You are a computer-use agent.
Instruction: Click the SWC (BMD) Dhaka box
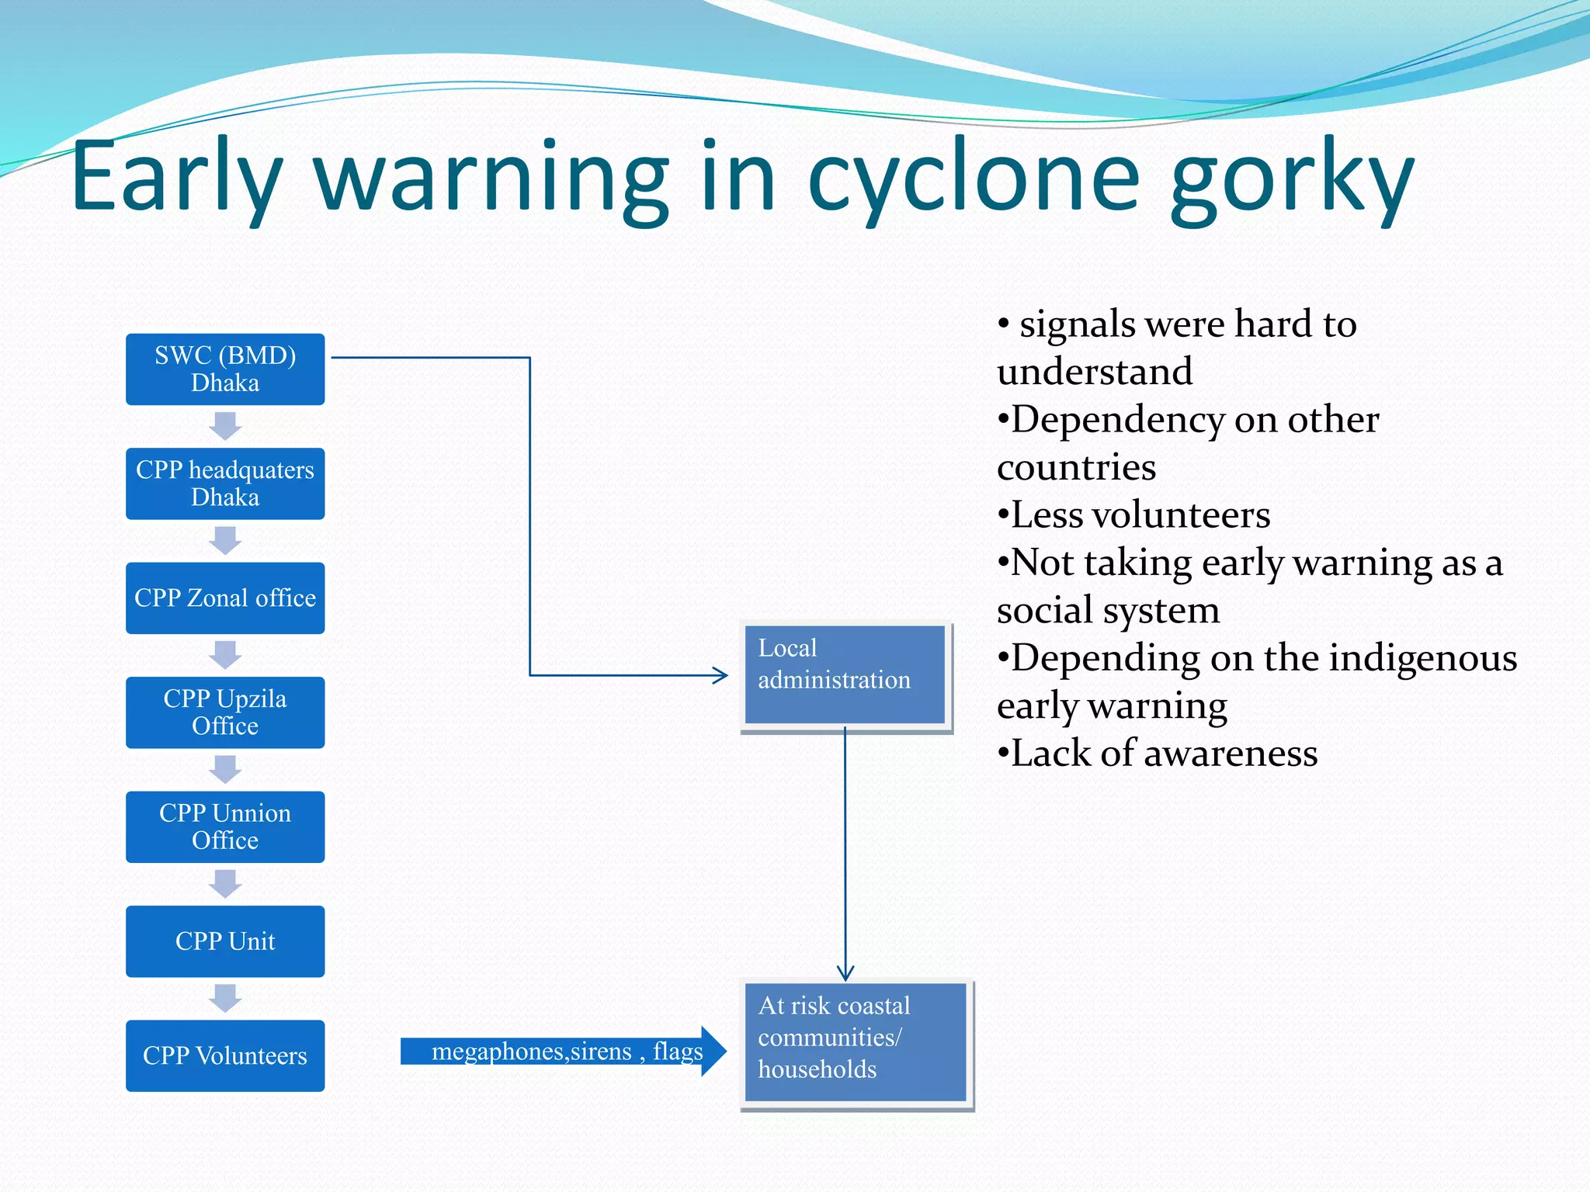click(225, 369)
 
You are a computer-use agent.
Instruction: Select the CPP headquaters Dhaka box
click(225, 483)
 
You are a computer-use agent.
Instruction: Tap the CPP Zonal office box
click(225, 598)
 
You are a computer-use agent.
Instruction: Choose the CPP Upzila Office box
click(225, 712)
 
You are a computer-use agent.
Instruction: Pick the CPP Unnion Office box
click(225, 826)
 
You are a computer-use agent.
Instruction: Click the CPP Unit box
click(225, 941)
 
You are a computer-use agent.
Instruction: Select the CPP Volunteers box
click(225, 1055)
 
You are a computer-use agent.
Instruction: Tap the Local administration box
click(845, 674)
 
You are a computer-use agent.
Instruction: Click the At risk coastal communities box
click(856, 1041)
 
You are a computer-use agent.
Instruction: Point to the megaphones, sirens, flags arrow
click(563, 1052)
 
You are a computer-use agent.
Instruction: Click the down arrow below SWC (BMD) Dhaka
click(225, 426)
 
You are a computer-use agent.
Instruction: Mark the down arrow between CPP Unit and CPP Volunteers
click(225, 998)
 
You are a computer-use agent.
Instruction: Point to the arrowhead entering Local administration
click(721, 675)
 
